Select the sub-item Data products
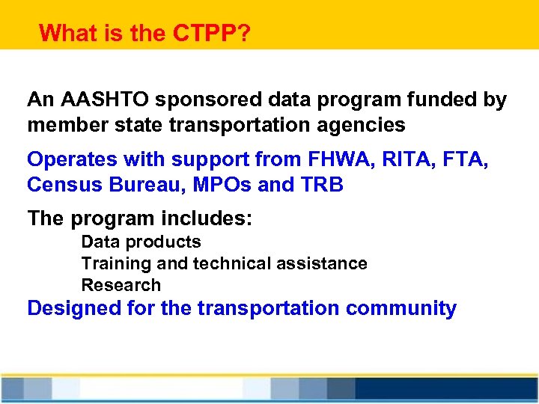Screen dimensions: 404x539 coord(141,242)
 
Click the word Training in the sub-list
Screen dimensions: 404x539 coord(111,263)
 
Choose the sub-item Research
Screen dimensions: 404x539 coord(121,285)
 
